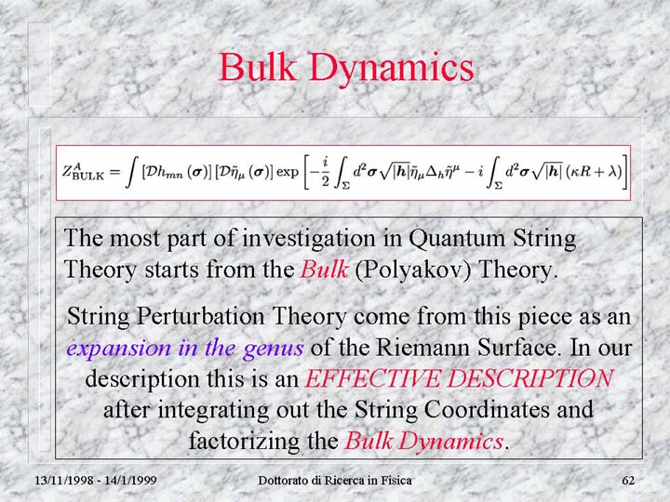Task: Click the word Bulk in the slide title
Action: (258, 67)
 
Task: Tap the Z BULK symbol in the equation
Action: (83, 172)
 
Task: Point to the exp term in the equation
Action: (288, 172)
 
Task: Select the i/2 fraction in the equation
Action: (325, 172)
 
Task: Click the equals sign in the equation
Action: (115, 172)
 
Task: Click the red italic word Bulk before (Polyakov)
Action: (325, 270)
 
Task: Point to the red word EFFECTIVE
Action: (372, 379)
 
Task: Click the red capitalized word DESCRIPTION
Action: (530, 378)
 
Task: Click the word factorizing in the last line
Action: (243, 442)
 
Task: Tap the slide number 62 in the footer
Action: (628, 481)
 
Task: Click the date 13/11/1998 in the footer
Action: (64, 481)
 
